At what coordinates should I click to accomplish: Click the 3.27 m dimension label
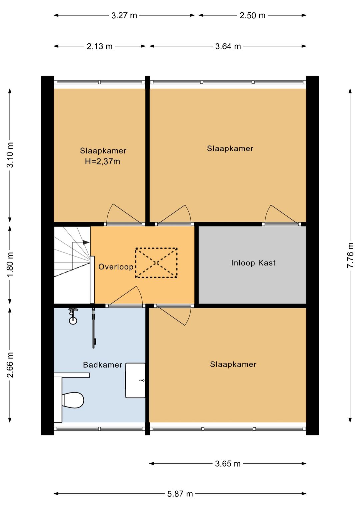(124, 15)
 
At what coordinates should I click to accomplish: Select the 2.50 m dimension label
(252, 15)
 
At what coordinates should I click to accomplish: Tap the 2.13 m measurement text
(99, 46)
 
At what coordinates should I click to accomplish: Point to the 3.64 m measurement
(228, 46)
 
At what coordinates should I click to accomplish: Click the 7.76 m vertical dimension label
(350, 255)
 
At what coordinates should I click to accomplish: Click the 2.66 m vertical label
(10, 365)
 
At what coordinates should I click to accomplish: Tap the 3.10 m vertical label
(10, 155)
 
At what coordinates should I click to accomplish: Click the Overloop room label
(116, 267)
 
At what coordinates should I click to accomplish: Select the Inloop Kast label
(253, 263)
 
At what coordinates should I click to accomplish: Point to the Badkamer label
(103, 365)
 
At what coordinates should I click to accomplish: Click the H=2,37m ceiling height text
(102, 161)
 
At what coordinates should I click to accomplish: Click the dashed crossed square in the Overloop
(156, 263)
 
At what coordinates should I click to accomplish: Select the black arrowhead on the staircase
(86, 242)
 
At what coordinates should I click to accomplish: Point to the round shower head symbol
(73, 321)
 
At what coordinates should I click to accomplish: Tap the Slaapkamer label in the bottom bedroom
(233, 365)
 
